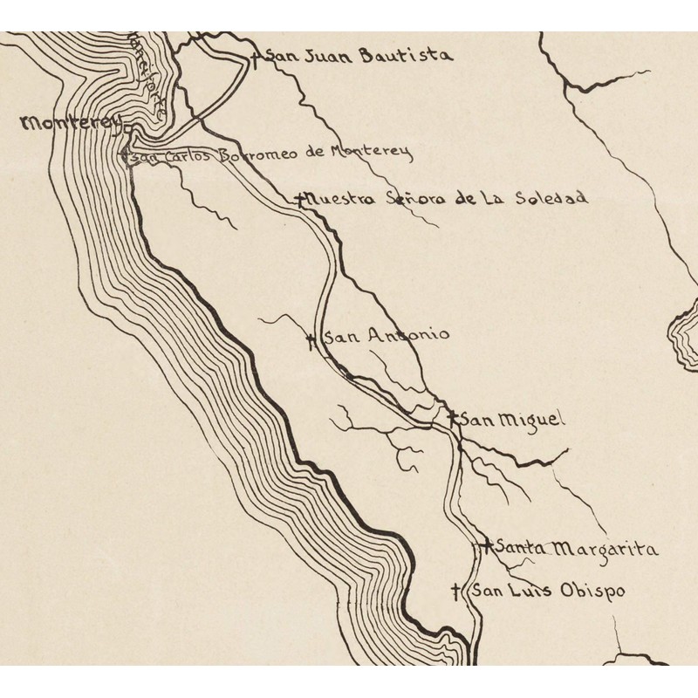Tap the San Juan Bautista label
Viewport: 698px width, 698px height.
click(359, 56)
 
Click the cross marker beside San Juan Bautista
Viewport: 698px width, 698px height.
click(255, 58)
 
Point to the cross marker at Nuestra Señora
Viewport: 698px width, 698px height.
click(300, 199)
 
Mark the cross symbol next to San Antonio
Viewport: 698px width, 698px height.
click(311, 340)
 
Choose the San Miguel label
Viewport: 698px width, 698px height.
click(512, 420)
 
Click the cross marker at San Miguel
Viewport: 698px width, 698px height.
click(451, 419)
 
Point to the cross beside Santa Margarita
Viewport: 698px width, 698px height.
click(485, 546)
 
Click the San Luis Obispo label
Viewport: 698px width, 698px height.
click(548, 591)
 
